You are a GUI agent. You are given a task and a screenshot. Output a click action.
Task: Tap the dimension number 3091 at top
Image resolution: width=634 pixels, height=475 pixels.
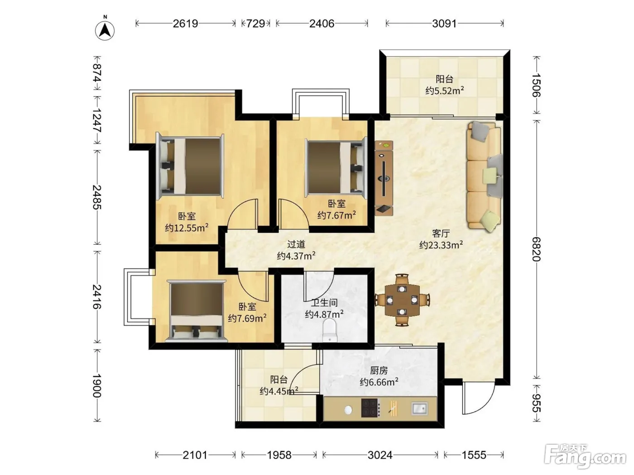tap(444, 24)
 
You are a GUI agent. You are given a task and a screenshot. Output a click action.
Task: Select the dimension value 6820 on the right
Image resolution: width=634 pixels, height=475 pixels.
tap(536, 249)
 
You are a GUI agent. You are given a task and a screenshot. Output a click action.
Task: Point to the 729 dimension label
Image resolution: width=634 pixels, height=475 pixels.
tap(255, 24)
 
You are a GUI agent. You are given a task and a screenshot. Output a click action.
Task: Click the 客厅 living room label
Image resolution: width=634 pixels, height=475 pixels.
tap(441, 233)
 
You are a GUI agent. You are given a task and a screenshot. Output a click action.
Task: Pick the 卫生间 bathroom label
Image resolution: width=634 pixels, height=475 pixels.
tap(324, 303)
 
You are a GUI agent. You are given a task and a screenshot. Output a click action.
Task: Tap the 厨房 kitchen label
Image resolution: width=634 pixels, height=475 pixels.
tap(379, 370)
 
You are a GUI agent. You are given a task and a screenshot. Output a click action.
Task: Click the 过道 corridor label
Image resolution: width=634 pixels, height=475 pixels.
tap(296, 244)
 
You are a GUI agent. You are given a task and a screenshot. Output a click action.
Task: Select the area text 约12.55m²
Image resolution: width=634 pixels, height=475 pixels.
tap(187, 228)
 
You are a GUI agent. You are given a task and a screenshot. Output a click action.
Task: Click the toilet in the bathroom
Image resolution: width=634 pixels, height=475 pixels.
tap(330, 331)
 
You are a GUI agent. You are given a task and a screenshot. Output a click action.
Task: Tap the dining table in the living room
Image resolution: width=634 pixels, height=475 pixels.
tap(402, 300)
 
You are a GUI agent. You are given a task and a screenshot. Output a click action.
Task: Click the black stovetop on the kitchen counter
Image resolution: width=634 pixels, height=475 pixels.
tap(370, 408)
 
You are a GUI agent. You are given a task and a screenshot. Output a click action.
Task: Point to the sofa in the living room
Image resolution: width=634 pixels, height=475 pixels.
tap(485, 176)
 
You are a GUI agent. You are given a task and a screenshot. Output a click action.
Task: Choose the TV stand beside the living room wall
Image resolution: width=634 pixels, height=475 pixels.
tap(384, 178)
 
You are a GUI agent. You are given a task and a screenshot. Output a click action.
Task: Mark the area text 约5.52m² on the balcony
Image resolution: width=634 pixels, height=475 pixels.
tap(445, 91)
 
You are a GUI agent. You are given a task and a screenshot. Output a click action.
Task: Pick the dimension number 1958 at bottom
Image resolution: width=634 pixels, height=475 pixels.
tap(279, 455)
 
